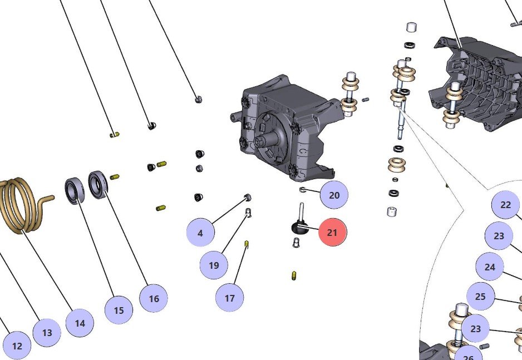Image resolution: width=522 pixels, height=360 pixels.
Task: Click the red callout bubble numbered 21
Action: tap(332, 233)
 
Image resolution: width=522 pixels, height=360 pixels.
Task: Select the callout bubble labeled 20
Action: tap(334, 195)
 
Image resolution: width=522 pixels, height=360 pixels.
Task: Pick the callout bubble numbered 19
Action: tap(214, 265)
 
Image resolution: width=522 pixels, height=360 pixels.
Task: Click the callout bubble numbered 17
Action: tap(230, 298)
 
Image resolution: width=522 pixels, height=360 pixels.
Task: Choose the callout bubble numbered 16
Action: tap(154, 298)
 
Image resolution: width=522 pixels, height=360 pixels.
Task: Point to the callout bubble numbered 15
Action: tap(119, 310)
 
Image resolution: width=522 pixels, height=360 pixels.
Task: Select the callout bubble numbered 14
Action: tap(80, 323)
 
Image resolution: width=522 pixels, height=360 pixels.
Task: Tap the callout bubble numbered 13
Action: tap(47, 333)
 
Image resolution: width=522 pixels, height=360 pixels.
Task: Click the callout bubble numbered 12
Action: tap(17, 346)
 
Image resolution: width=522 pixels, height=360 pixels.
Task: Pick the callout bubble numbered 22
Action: tap(505, 205)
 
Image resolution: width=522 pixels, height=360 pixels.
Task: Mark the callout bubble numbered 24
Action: tap(490, 267)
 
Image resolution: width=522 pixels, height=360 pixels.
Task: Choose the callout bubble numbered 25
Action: tap(480, 297)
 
